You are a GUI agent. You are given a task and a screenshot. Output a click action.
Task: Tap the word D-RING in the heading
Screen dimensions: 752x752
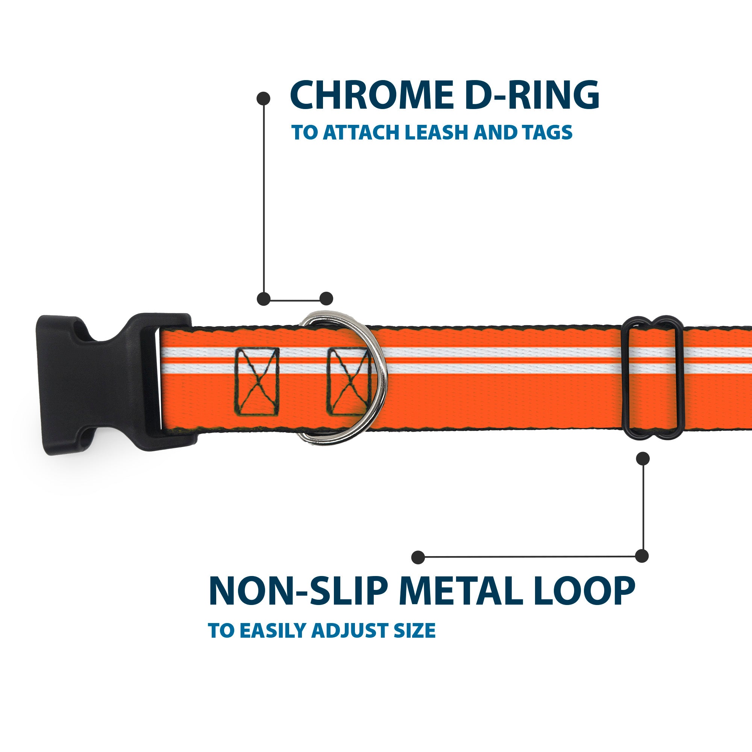click(531, 96)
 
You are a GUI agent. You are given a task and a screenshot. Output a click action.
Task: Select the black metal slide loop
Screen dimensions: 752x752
click(652, 378)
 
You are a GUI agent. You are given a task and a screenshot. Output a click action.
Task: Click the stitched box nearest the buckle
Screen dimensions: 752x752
click(257, 381)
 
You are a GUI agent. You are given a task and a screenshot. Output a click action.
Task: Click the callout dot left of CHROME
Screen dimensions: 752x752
click(264, 98)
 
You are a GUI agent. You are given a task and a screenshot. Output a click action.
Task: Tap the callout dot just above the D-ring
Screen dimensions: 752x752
click(326, 299)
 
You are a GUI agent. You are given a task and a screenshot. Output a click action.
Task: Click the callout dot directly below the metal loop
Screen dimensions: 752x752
click(643, 458)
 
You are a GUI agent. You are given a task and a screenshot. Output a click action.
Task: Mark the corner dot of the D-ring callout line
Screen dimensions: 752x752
click(264, 299)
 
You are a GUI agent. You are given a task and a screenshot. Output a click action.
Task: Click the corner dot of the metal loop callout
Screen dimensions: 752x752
click(642, 556)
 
